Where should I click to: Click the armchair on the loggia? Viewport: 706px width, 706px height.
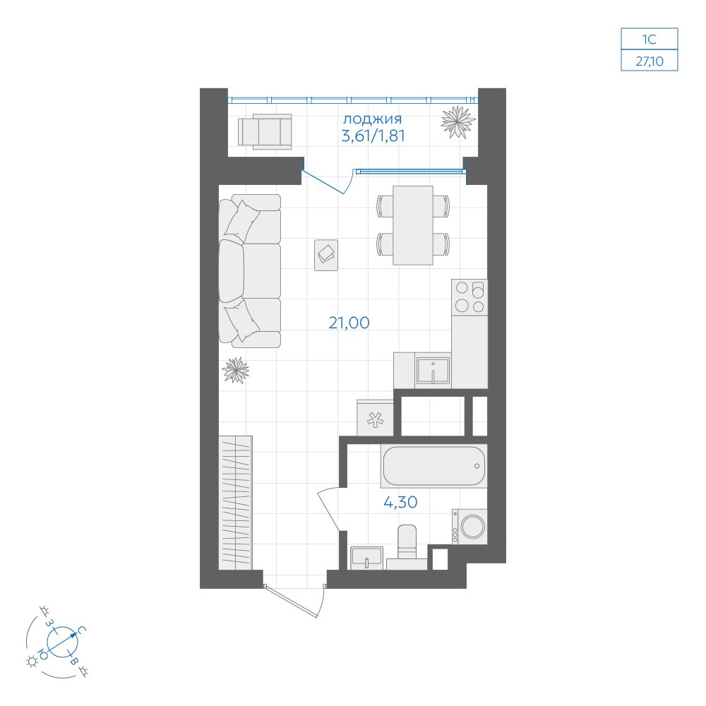[x=265, y=131]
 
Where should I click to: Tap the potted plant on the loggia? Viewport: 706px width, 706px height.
[x=458, y=121]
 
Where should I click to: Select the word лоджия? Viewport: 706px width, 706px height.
[x=372, y=119]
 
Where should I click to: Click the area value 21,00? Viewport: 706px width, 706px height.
[x=349, y=323]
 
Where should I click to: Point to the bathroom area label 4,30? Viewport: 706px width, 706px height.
[x=400, y=501]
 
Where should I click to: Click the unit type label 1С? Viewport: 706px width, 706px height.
[x=649, y=40]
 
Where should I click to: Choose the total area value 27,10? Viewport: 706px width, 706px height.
[x=650, y=61]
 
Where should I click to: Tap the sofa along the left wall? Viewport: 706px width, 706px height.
[x=250, y=271]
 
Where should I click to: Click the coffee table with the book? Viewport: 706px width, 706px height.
[x=326, y=256]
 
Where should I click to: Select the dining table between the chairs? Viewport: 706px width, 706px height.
[x=413, y=225]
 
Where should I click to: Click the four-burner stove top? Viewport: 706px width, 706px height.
[x=469, y=297]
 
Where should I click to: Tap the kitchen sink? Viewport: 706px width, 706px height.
[x=433, y=371]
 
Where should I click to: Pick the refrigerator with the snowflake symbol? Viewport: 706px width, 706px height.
[x=375, y=418]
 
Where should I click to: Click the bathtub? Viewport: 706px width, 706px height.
[x=433, y=466]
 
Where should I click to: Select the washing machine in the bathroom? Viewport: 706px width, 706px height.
[x=469, y=527]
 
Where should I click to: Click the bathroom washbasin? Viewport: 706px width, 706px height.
[x=367, y=558]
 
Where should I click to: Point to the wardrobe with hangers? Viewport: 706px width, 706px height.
[x=236, y=503]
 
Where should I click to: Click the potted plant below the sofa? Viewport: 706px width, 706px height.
[x=236, y=371]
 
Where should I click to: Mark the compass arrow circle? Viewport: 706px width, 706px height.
[x=62, y=642]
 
